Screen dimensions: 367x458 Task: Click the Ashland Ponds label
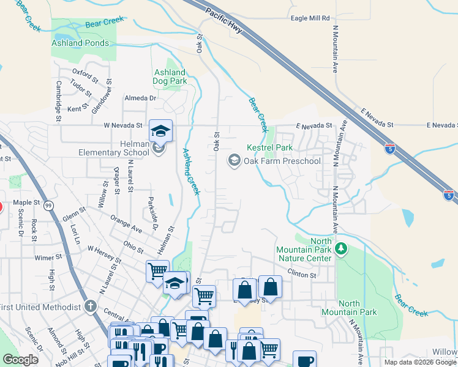[80, 43]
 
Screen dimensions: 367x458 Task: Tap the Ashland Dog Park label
[170, 76]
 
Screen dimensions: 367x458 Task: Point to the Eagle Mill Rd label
[310, 19]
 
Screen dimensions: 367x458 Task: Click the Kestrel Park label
[269, 148]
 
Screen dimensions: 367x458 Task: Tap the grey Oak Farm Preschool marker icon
[233, 161]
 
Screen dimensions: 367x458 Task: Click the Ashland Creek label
[191, 171]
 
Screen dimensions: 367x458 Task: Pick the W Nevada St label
[122, 125]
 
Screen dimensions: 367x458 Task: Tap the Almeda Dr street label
[141, 98]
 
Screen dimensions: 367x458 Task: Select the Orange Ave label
[126, 223]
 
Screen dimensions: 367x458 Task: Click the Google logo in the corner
[20, 360]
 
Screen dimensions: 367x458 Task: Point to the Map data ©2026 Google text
[420, 362]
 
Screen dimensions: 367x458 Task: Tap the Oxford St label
[84, 76]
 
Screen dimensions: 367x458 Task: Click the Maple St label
[26, 202]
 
